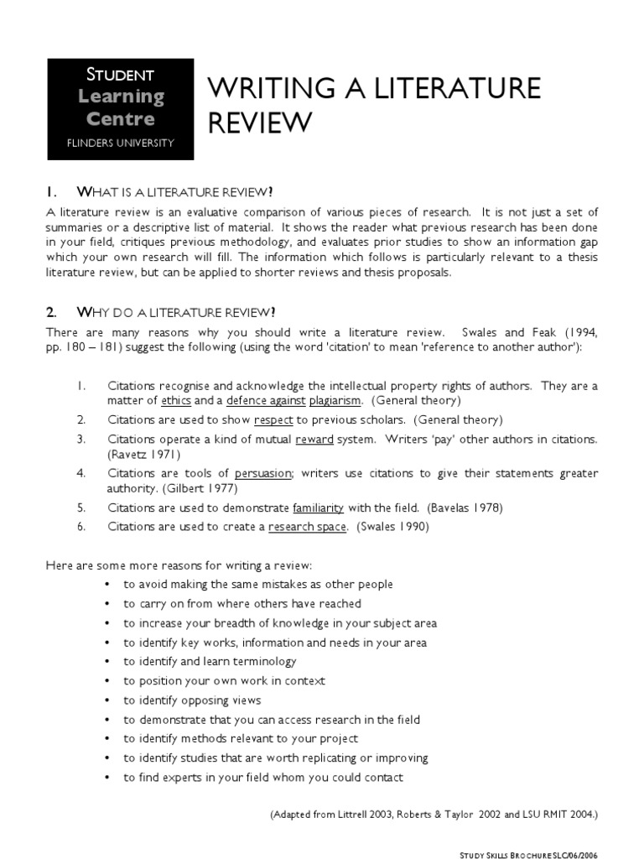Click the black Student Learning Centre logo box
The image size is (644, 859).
[121, 109]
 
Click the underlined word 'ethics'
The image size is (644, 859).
[176, 401]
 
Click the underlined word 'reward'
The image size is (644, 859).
[312, 439]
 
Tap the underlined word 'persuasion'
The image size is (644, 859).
[263, 473]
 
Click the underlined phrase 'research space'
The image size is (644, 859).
[307, 527]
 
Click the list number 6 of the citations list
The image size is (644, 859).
[81, 527]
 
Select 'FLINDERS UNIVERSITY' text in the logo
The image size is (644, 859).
[121, 143]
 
